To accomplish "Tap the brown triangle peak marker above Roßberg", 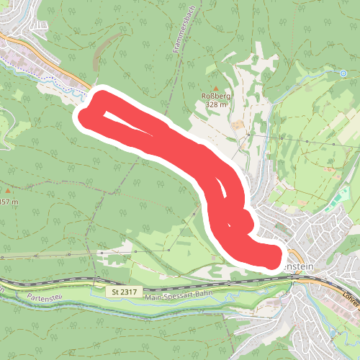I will tap(214, 86).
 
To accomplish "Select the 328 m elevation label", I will tap(215, 104).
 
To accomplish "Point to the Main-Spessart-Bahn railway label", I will tap(179, 297).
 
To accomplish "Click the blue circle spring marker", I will tap(343, 73).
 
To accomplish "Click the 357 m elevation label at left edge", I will tap(9, 202).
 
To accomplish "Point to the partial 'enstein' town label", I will tap(300, 266).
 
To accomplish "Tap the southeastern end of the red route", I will tap(271, 258).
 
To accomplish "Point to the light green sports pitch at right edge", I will tap(333, 204).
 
